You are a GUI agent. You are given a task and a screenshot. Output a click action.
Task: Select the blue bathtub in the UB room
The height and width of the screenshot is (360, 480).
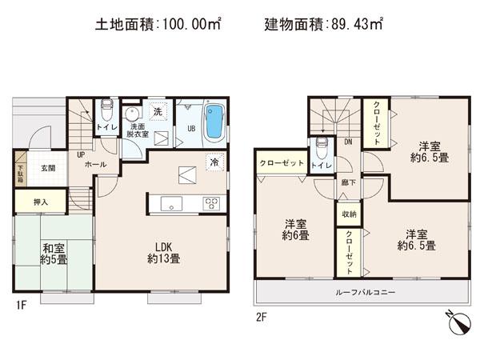[x=214, y=122]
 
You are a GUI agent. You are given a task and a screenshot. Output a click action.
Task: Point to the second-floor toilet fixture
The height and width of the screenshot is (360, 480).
[x=321, y=146]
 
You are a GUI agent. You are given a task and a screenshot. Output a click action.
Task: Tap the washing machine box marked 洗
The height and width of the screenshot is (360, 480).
[x=158, y=113]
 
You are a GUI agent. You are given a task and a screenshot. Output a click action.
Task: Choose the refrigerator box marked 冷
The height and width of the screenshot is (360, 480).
[x=214, y=160]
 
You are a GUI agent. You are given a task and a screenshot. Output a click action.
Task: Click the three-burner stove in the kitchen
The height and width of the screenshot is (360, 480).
[x=210, y=203]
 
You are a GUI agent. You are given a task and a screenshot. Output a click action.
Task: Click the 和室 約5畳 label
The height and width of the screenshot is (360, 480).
[x=55, y=254]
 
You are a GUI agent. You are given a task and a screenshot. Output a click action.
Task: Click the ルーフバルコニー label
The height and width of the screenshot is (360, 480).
[x=362, y=292]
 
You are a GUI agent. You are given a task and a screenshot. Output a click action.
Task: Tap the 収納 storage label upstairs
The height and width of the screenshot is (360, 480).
[x=348, y=214]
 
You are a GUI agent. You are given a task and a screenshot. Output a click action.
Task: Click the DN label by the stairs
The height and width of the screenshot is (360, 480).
[x=348, y=142]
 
